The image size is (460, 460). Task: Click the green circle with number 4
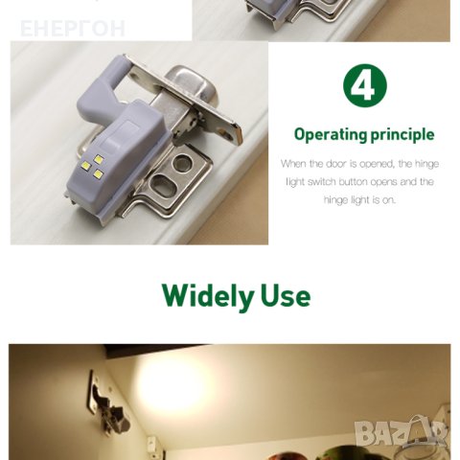(x=364, y=85)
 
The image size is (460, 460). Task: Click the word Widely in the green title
(x=208, y=296)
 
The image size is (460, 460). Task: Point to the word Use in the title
(x=286, y=296)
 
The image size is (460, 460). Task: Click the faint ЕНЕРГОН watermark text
(x=73, y=29)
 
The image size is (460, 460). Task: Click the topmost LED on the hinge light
(x=99, y=159)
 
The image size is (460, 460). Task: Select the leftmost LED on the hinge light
(x=86, y=165)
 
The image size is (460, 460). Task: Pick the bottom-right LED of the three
(x=98, y=173)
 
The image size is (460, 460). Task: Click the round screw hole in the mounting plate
(x=181, y=162)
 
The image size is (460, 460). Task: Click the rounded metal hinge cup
(x=192, y=83)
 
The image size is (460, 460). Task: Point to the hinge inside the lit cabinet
(x=107, y=404)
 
